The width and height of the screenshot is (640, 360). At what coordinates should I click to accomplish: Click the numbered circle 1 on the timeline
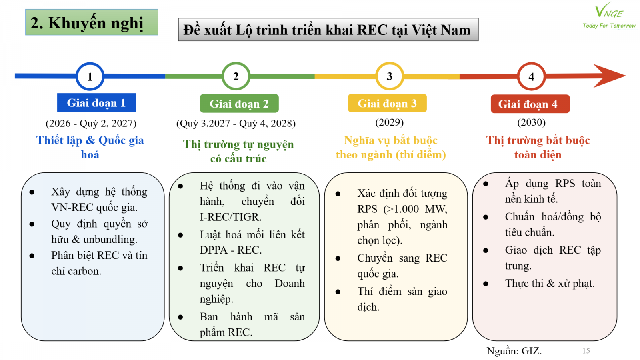[90, 76]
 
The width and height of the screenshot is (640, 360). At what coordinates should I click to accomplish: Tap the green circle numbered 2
[236, 76]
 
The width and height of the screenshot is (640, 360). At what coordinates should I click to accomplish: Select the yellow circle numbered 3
[389, 76]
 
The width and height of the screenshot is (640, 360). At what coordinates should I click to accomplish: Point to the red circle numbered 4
[531, 76]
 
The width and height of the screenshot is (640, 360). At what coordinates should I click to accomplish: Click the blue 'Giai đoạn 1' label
[96, 103]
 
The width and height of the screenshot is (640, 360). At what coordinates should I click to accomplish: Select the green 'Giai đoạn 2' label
[239, 104]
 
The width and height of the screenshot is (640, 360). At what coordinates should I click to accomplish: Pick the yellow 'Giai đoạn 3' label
[387, 103]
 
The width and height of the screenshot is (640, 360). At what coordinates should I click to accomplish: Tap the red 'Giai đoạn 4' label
[530, 104]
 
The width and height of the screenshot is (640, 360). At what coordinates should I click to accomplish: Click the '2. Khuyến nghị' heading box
[92, 22]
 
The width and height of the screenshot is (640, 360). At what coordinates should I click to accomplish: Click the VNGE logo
[609, 12]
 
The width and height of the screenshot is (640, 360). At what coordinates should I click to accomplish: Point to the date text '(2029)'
[389, 122]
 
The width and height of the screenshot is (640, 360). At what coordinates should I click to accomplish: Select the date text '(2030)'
[531, 122]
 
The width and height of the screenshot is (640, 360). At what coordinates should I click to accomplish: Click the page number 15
[586, 351]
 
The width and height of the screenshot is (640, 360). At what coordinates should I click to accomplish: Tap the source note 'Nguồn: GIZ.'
[514, 351]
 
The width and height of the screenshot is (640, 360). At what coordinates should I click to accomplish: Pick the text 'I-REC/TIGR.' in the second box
[230, 217]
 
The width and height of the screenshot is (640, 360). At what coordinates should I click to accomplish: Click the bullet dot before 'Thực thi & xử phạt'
[486, 284]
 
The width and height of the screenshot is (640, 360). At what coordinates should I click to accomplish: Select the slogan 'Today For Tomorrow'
[609, 26]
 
